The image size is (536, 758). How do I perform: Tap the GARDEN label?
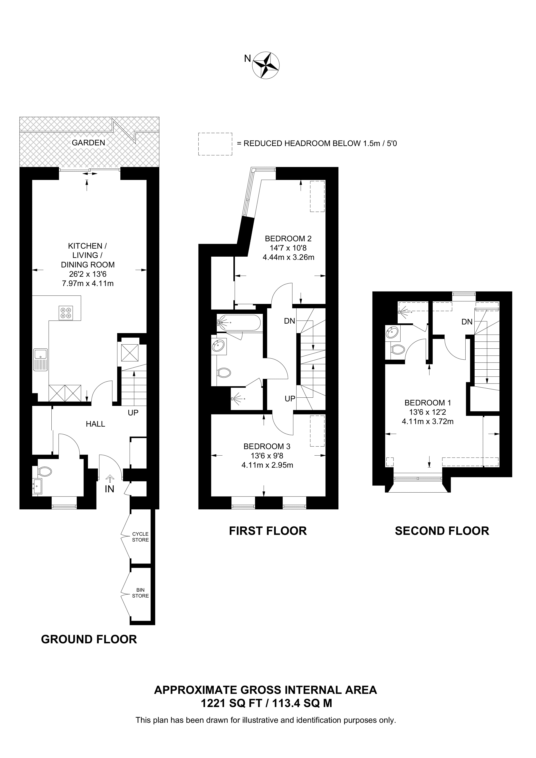88,143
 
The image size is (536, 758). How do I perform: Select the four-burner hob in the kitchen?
66,313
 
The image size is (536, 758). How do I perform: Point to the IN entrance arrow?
110,478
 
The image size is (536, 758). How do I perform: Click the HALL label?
96,424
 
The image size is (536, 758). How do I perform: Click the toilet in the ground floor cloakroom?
44,471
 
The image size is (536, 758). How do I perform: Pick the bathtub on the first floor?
239,323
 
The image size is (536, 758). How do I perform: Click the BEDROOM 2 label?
288,238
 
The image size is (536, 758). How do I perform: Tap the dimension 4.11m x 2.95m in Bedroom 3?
267,465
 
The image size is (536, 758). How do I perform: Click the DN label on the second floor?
467,322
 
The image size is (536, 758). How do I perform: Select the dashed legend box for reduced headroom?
215,144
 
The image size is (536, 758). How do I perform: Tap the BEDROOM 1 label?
428,403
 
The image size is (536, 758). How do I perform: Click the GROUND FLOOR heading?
89,639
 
